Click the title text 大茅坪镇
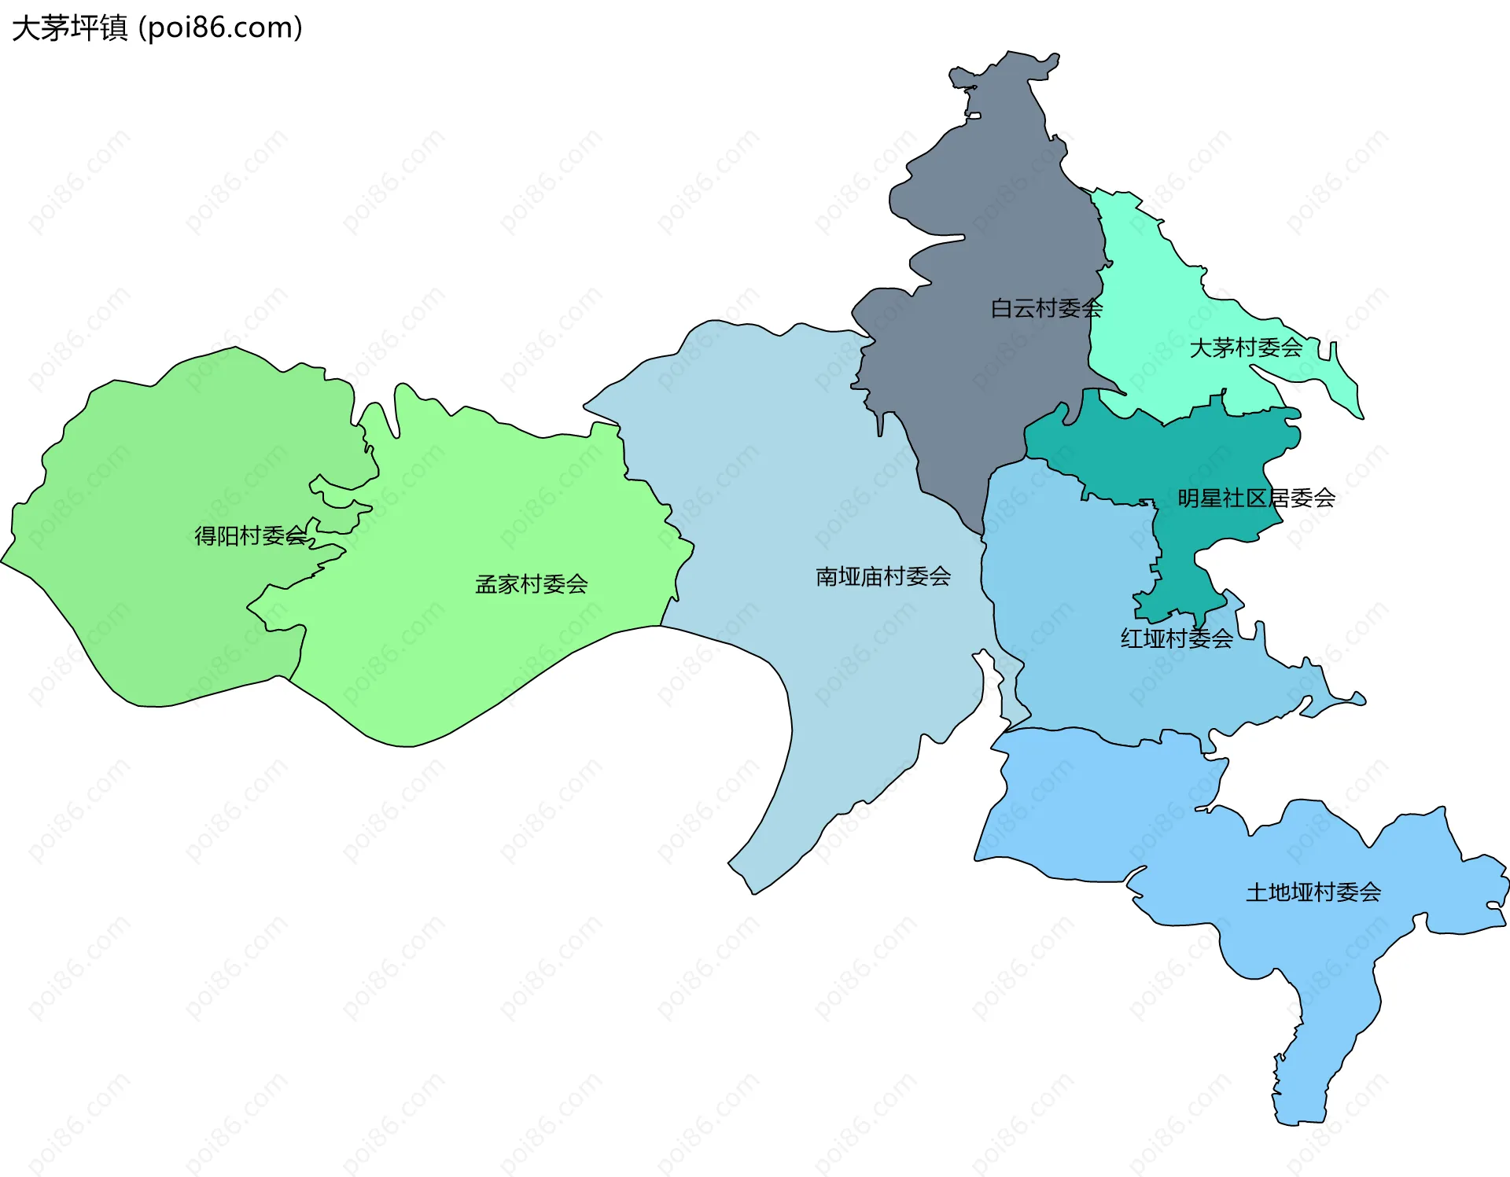coord(69,28)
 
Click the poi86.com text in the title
coord(220,28)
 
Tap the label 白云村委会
coord(1046,308)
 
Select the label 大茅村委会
coord(1246,348)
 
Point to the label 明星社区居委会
coord(1256,498)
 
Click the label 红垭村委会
coord(1177,638)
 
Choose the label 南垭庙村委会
coord(883,576)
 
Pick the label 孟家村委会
coord(532,584)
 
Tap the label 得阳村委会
coord(250,535)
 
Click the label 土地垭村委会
coord(1313,892)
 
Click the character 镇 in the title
coord(113,28)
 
